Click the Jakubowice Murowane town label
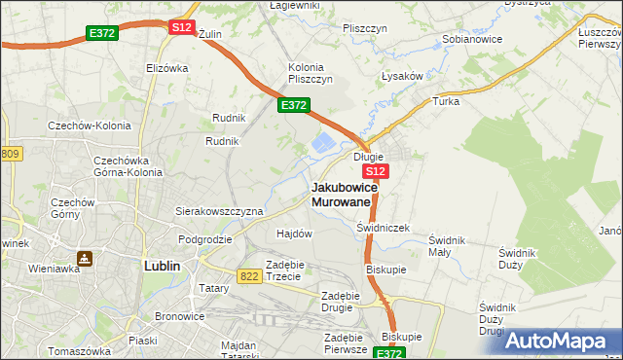[341, 194]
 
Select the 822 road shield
[248, 276]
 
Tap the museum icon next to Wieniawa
[86, 259]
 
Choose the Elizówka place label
[166, 68]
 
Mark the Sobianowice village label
[472, 41]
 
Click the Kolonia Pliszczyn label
[311, 73]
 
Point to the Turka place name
[446, 100]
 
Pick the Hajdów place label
[294, 234]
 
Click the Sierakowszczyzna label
[219, 210]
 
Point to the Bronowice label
[180, 317]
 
